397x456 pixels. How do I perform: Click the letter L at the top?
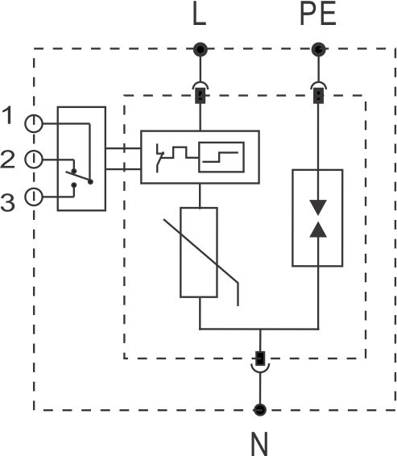click(200, 15)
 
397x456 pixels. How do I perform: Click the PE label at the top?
click(318, 14)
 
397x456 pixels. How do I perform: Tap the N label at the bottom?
click(259, 444)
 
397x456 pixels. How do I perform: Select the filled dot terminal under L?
click(201, 49)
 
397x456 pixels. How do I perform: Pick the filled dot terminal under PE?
click(319, 49)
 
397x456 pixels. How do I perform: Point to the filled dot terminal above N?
click(260, 410)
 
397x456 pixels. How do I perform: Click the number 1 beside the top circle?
click(8, 115)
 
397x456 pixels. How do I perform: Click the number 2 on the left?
click(7, 159)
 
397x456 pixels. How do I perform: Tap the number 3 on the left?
click(7, 202)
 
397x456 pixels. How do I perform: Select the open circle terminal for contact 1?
click(34, 123)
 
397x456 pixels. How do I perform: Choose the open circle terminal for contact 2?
click(34, 159)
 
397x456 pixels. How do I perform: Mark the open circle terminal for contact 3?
click(34, 197)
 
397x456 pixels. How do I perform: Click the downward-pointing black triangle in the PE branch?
click(318, 207)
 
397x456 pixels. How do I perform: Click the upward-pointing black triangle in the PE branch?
click(318, 230)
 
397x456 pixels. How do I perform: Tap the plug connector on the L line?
click(201, 93)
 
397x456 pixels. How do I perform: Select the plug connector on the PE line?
click(319, 93)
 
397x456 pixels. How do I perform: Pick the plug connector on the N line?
click(260, 362)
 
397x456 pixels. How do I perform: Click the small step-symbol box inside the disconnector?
click(221, 157)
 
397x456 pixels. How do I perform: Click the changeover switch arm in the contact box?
click(78, 176)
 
